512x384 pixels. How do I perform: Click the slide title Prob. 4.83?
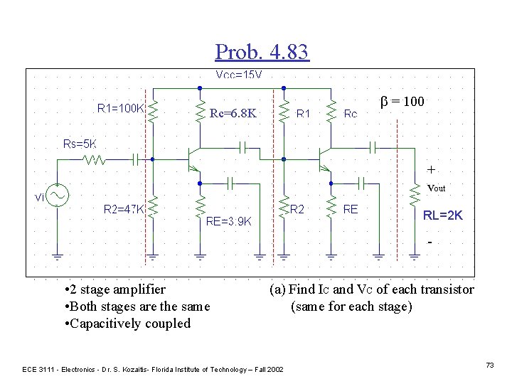click(262, 51)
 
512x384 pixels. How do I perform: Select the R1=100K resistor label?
click(121, 109)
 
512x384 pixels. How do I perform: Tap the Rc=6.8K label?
click(233, 113)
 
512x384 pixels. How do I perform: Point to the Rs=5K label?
click(80, 144)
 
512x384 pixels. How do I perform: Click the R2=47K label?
click(124, 209)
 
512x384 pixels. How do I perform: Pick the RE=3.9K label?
click(228, 221)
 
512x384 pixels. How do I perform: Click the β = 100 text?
click(402, 102)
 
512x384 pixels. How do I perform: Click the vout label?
click(435, 188)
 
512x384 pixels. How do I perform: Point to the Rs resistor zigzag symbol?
click(95, 161)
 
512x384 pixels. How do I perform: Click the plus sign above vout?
click(431, 170)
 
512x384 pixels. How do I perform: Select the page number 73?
click(489, 365)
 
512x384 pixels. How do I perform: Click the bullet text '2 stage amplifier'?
click(114, 289)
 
